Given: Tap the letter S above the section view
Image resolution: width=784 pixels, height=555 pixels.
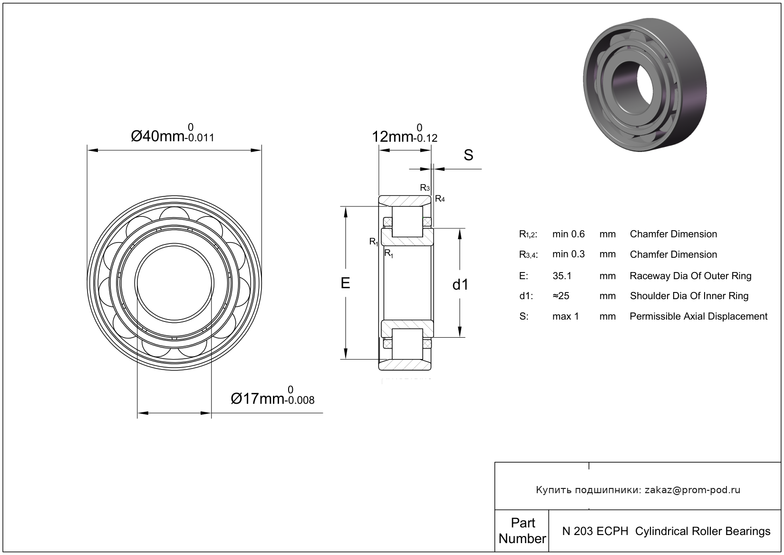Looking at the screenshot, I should [x=468, y=155].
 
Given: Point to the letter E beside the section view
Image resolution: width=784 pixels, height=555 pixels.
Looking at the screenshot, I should [x=346, y=283].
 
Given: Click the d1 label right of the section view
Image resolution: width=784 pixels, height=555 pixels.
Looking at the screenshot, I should [x=460, y=285].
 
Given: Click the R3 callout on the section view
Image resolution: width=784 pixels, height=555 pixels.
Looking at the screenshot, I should [x=425, y=188].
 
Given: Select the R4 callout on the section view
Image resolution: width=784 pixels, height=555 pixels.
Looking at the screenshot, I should [x=440, y=199].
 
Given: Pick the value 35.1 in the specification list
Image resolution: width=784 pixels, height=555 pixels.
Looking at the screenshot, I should [x=562, y=276].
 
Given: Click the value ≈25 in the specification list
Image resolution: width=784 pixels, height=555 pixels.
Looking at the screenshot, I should [x=561, y=296].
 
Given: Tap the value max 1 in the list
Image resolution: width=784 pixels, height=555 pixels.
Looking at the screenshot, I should [x=565, y=316].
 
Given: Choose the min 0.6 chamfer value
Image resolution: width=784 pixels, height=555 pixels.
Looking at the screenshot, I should [x=568, y=234].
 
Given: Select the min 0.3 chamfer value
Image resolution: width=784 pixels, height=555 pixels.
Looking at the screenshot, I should [x=568, y=254].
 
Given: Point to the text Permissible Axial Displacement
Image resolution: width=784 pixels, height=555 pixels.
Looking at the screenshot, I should [x=698, y=316].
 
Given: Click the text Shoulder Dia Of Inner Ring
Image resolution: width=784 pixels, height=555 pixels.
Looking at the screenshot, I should [x=689, y=296].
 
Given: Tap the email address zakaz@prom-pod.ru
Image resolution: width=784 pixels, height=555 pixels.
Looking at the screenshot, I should [x=692, y=490].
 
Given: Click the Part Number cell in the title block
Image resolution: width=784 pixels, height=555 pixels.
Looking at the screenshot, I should [x=522, y=531].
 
